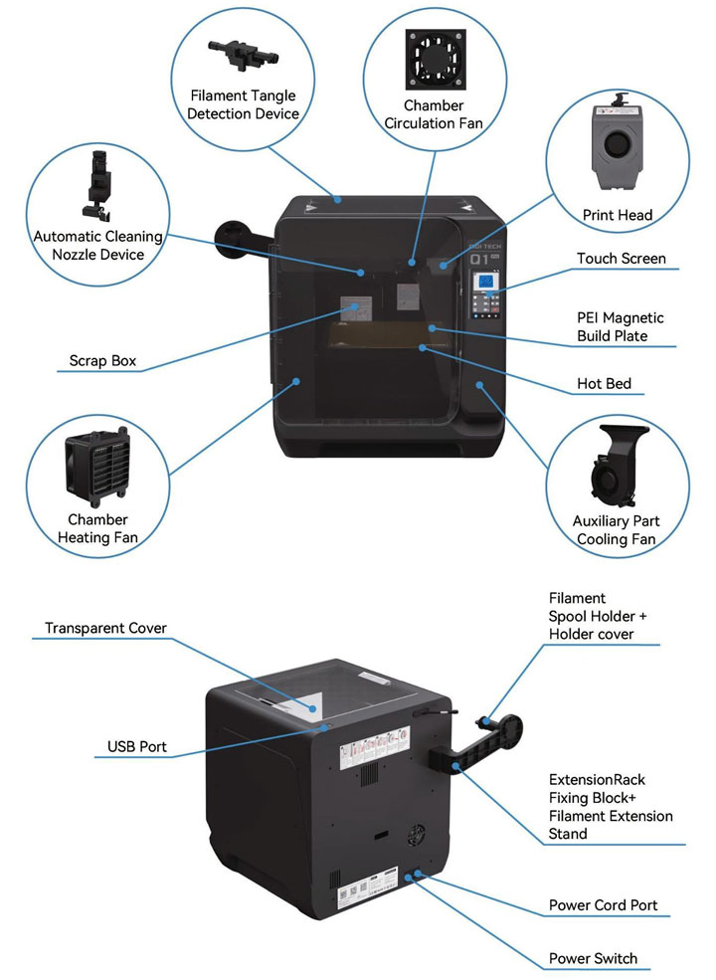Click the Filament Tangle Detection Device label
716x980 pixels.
coord(244,105)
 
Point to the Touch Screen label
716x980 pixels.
coord(621,259)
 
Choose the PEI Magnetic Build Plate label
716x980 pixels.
coord(620,327)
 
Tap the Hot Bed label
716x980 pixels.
coord(604,383)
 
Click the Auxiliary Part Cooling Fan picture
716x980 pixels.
coord(617,469)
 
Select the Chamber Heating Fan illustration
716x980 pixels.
coord(96,466)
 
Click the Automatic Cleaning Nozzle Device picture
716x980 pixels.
coord(97,184)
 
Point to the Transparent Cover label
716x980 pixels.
coord(105,628)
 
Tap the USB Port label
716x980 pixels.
coord(137,746)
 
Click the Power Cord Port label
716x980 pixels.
coord(603,906)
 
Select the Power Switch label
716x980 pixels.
coord(593,959)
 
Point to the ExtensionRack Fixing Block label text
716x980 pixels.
coord(610,807)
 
